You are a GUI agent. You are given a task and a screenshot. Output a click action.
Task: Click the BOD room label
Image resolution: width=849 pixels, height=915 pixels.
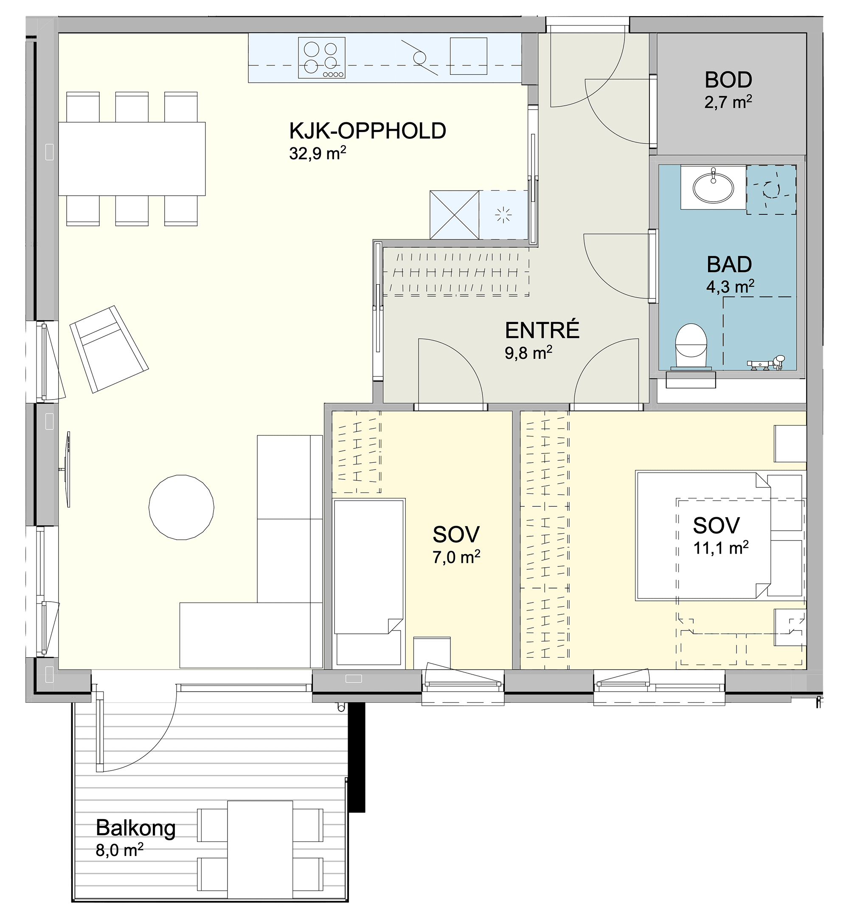pos(728,80)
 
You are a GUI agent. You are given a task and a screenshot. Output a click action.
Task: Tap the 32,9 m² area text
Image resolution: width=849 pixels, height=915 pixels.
pos(318,152)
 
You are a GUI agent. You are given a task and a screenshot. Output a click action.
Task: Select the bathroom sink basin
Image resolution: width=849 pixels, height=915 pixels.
pos(713,188)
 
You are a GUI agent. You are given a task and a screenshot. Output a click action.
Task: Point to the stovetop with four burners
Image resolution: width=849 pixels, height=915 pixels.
pos(322,58)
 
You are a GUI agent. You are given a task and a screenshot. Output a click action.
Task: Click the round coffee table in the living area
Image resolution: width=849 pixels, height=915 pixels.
pos(181,507)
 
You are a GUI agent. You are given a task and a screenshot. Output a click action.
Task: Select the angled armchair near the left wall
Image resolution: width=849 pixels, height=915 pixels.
pos(109,349)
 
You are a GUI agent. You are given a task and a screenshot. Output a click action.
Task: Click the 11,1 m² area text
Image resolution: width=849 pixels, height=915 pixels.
pos(721,548)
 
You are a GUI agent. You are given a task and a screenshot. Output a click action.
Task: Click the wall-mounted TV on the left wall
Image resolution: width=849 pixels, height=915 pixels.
pos(67,469)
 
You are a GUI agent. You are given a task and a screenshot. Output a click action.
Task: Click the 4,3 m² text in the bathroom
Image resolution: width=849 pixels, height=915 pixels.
pos(730,287)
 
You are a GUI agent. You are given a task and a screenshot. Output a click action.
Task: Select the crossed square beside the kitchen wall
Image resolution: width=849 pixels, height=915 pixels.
pos(454,214)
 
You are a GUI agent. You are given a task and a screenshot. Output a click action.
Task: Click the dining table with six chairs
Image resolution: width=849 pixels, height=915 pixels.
pos(132,158)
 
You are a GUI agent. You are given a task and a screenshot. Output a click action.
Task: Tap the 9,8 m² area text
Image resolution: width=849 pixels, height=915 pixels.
pos(529,353)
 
